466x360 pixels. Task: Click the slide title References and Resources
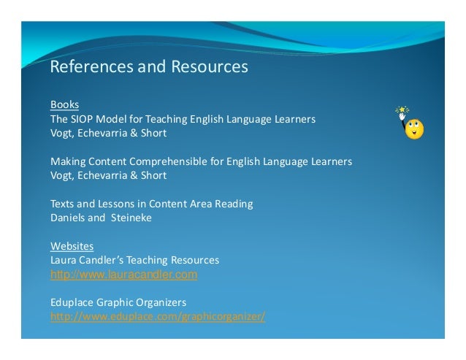pyautogui.click(x=149, y=67)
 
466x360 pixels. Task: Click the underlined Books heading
pyautogui.click(x=64, y=104)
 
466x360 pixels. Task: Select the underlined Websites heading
pyautogui.click(x=72, y=246)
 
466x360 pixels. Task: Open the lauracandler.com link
pyautogui.click(x=123, y=275)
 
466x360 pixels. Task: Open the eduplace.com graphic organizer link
pyautogui.click(x=157, y=317)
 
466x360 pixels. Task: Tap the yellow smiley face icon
pyautogui.click(x=415, y=129)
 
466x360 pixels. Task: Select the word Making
pyautogui.click(x=66, y=161)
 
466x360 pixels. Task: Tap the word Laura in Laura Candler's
pyautogui.click(x=63, y=260)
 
